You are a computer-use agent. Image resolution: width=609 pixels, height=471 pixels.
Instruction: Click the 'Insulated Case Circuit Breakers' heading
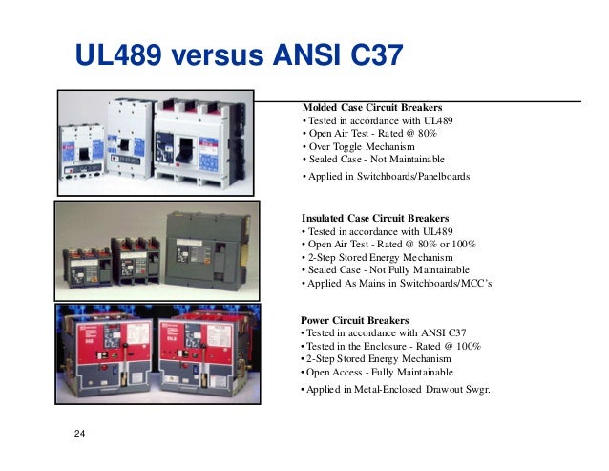coord(374,218)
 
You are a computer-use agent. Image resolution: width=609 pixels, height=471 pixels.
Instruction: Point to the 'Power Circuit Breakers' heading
coord(355,319)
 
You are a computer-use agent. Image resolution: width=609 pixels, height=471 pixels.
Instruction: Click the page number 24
coord(79,436)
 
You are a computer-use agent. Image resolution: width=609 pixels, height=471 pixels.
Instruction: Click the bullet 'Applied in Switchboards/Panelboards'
coord(387,177)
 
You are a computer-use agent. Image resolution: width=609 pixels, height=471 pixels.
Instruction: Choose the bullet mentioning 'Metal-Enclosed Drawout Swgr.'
coord(396,390)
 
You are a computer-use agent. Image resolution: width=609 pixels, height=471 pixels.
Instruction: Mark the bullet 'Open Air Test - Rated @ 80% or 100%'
coord(389,244)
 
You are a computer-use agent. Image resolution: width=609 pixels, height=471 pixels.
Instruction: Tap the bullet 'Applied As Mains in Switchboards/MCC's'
coord(396,284)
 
